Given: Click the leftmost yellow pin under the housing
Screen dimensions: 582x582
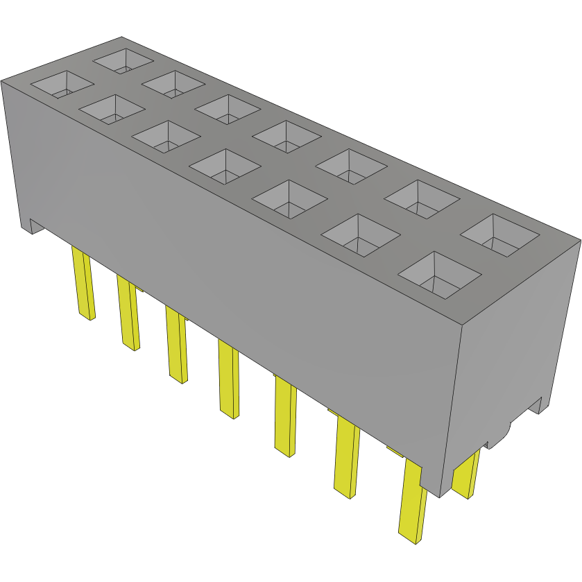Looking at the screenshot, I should (83, 284).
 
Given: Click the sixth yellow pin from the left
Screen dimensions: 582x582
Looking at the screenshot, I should (346, 458).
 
